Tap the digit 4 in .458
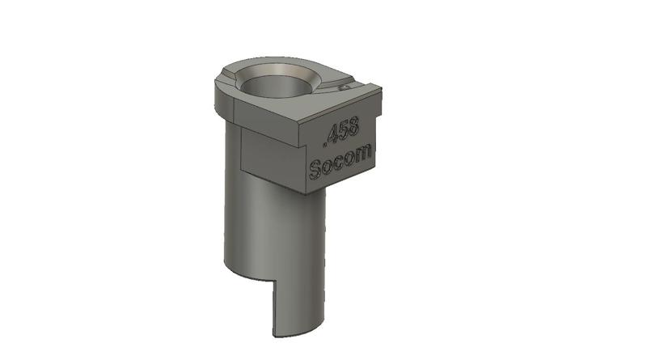335,134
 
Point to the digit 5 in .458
347,130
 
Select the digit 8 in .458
359,126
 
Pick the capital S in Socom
317,170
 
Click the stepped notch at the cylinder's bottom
270,283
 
